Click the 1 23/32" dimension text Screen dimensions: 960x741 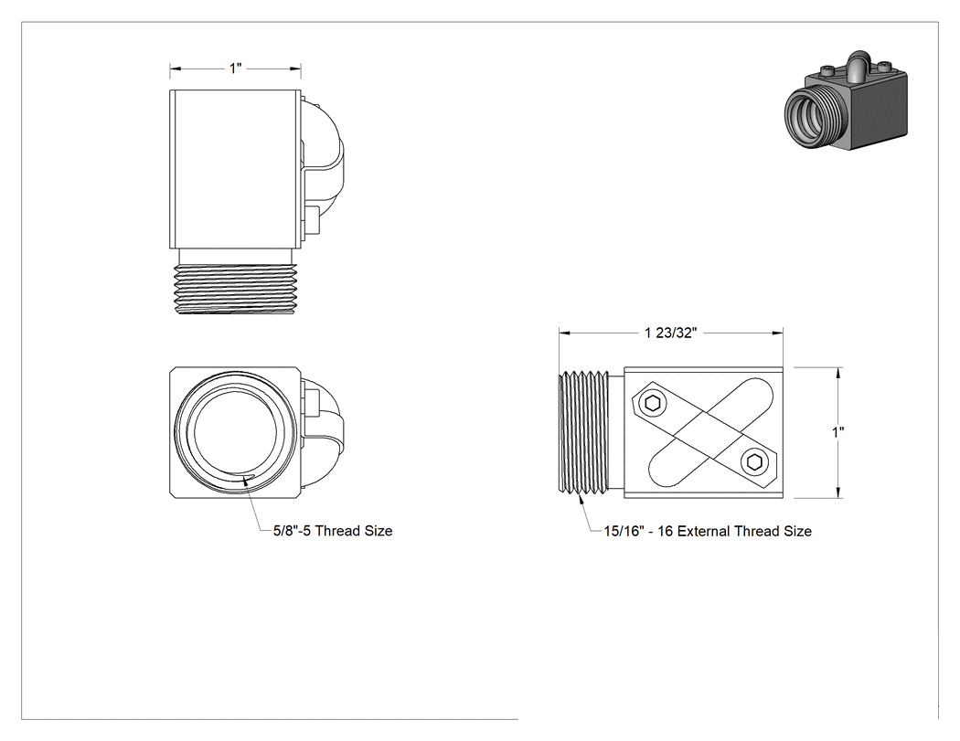[x=670, y=333]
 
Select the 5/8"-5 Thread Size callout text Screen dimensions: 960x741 [x=333, y=531]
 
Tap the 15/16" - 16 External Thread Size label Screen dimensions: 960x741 [x=708, y=531]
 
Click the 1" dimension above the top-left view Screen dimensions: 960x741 [x=236, y=68]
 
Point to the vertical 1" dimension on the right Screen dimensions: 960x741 [x=837, y=432]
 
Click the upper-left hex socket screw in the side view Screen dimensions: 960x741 [x=653, y=403]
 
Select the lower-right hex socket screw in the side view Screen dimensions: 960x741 [x=754, y=462]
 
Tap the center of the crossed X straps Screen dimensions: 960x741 [x=704, y=432]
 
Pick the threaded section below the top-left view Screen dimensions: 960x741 [x=236, y=289]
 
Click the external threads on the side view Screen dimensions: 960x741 [x=585, y=431]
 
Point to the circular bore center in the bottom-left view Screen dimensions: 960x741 [x=231, y=432]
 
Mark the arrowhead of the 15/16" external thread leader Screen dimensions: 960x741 [x=581, y=497]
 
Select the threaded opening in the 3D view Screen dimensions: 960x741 [x=810, y=114]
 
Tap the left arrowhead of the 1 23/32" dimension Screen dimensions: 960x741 [x=564, y=333]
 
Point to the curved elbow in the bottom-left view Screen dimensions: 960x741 [x=322, y=433]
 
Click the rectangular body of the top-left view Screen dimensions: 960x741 [x=235, y=169]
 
